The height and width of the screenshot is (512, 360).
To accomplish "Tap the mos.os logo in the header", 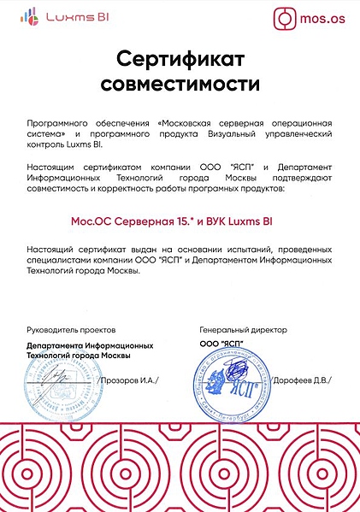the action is coord(309,16).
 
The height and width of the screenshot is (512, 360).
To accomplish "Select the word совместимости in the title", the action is coord(180,85).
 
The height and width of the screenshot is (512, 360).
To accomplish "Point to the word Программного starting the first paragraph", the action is coord(58,123).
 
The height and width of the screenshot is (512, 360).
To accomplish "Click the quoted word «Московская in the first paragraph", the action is coord(205,123).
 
